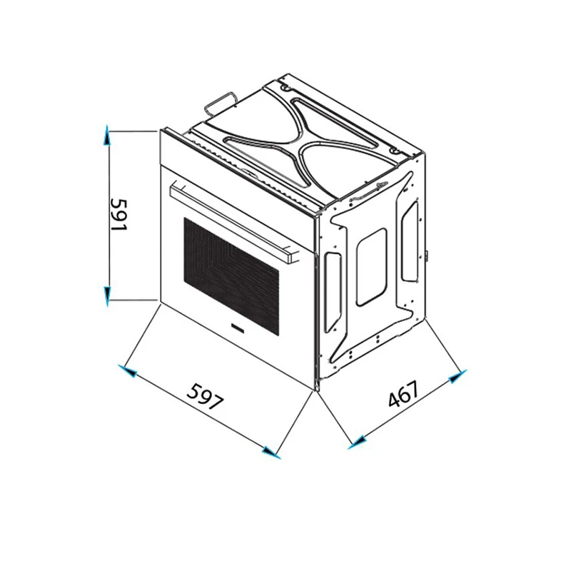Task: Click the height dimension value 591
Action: coord(118,216)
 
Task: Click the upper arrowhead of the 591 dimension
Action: coord(106,135)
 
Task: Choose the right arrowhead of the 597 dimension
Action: coord(271,452)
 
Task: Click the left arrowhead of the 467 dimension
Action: coord(358,441)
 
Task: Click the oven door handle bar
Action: coord(236,224)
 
